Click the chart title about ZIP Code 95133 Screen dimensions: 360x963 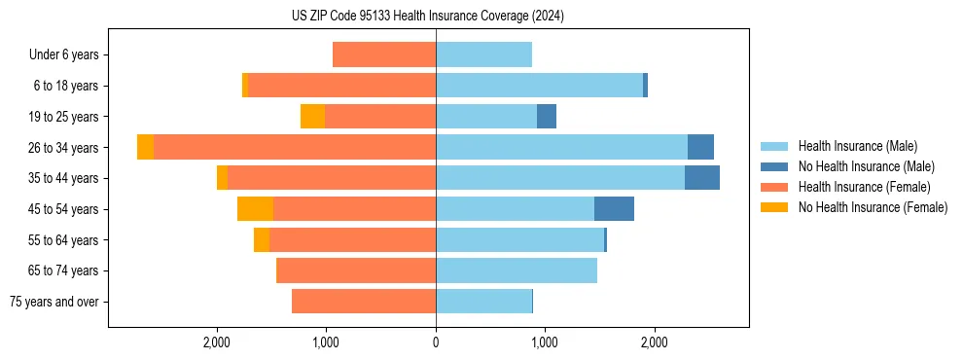click(427, 16)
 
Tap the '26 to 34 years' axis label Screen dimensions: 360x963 click(63, 148)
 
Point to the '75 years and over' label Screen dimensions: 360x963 click(54, 302)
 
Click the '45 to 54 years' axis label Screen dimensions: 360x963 click(63, 209)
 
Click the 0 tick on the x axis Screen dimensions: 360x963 click(436, 342)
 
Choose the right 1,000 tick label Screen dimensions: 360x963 click(545, 342)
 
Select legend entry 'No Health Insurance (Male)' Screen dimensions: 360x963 click(866, 166)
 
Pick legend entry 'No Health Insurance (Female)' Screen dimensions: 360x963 click(873, 207)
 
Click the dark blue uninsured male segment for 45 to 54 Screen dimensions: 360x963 click(614, 209)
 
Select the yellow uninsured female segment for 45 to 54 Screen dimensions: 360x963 click(255, 209)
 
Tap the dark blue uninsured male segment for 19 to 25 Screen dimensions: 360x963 click(547, 117)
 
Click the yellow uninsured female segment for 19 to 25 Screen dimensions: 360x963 click(312, 117)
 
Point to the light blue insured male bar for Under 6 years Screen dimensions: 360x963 click(483, 55)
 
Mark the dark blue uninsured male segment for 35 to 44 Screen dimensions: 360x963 click(702, 178)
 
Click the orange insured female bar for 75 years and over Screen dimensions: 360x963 click(364, 302)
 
